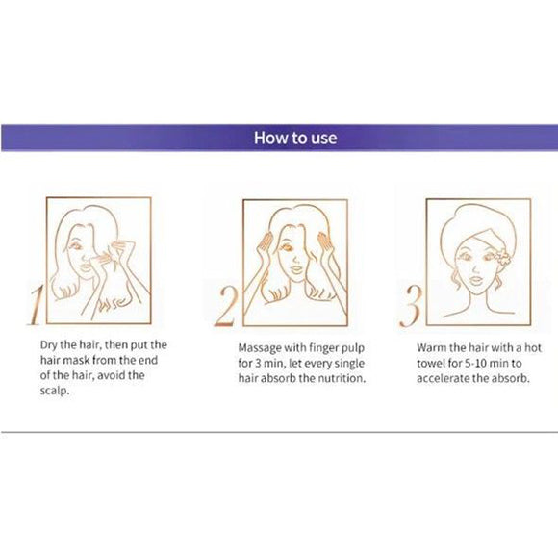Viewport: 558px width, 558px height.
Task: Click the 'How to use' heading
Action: tap(295, 138)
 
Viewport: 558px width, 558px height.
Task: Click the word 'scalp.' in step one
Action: tap(62, 390)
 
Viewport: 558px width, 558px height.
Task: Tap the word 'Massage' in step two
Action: tap(262, 344)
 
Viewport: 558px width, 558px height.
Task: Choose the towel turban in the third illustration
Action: tap(471, 227)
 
